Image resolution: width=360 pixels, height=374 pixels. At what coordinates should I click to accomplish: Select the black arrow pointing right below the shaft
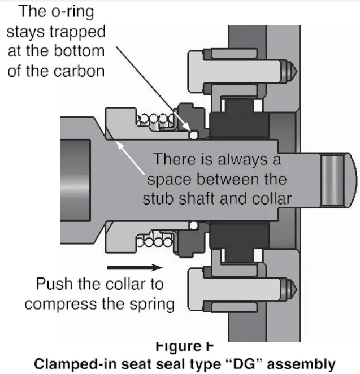(x=135, y=265)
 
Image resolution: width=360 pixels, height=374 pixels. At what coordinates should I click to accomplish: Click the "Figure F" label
(x=180, y=344)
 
